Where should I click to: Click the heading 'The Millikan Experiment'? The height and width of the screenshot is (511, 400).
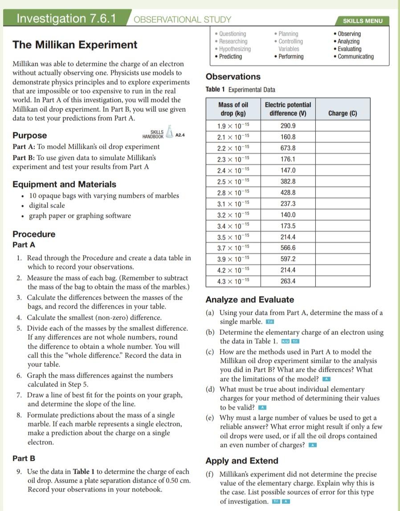75,45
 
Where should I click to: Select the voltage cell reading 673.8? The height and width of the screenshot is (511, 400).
288,148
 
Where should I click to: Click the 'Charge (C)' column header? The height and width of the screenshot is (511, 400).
343,114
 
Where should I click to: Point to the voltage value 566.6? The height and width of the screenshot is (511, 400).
288,248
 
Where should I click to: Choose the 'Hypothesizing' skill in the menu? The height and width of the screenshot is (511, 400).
235,49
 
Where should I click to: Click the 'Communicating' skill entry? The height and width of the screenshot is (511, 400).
355,57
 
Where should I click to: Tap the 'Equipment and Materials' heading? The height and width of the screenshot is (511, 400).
64,184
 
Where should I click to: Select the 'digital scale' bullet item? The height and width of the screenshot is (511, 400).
47,206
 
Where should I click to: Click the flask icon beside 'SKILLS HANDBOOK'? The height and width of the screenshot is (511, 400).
169,132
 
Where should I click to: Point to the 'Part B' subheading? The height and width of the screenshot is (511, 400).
24,458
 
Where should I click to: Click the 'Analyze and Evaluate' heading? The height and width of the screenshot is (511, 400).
250,300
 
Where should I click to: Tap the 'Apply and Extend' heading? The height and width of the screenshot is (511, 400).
242,461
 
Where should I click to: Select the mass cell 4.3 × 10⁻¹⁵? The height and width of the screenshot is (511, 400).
233,281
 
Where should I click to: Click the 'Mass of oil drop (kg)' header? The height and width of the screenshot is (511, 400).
233,109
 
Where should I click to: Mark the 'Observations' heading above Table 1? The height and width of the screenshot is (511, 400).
233,77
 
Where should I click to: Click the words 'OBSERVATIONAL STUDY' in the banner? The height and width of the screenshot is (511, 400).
182,20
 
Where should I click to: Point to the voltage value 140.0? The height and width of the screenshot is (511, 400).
288,215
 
